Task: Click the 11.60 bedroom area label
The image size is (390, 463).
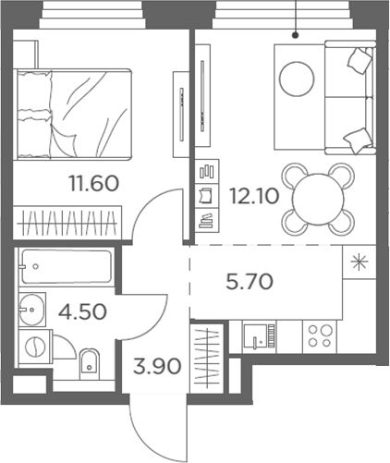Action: click(93, 183)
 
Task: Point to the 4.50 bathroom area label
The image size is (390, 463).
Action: click(81, 310)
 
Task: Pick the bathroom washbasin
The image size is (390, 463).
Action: click(32, 306)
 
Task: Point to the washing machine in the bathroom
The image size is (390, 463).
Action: click(34, 348)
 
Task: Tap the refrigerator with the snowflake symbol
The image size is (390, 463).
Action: click(358, 262)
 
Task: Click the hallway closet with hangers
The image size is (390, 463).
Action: click(211, 355)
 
